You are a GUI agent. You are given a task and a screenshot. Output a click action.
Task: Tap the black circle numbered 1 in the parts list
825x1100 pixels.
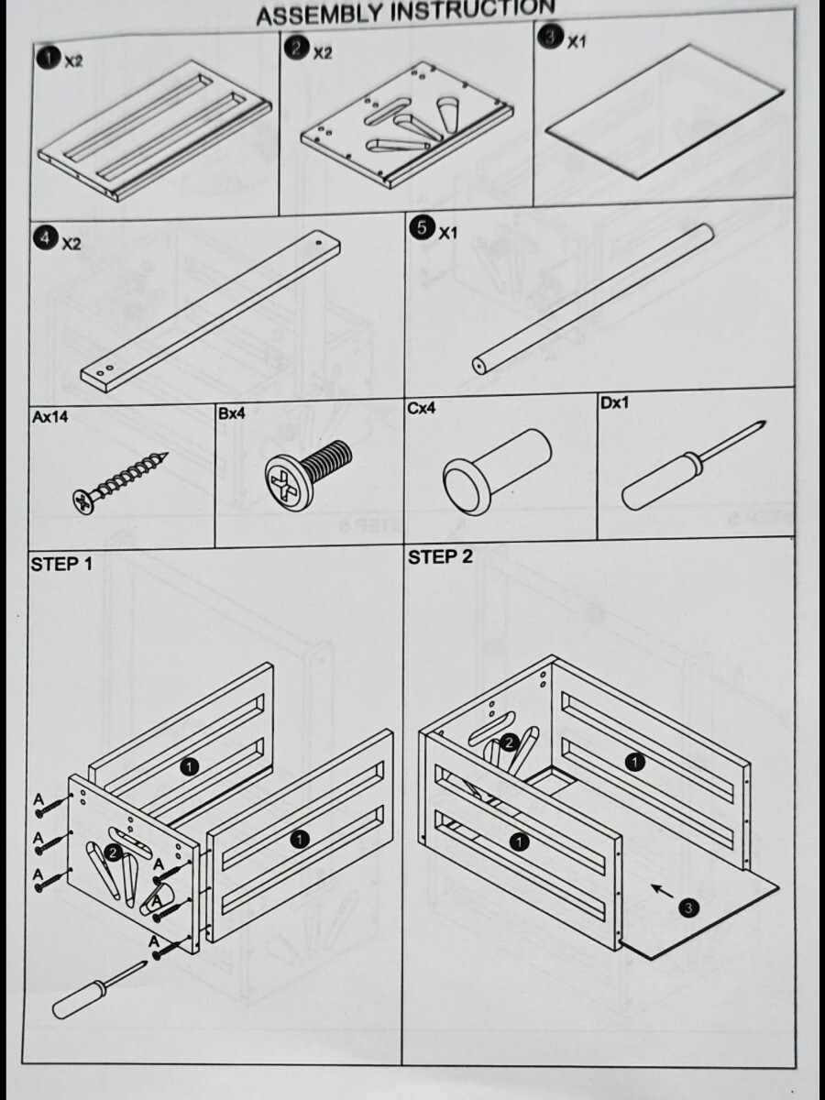48,58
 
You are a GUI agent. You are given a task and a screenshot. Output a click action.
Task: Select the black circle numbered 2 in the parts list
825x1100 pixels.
296,47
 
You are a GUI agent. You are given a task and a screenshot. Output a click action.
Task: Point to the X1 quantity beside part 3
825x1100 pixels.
575,42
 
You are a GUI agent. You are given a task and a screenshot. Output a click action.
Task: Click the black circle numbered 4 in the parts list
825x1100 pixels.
43,238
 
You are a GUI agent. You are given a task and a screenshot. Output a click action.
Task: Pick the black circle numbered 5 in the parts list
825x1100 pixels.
421,228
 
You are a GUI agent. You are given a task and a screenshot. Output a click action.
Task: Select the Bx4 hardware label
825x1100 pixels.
232,413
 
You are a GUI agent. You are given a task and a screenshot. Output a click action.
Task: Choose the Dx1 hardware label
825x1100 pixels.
615,402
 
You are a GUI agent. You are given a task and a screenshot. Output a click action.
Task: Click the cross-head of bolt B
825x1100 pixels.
289,480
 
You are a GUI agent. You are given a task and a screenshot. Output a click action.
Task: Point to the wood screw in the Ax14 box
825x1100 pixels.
122,478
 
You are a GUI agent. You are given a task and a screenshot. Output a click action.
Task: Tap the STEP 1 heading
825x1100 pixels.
61,564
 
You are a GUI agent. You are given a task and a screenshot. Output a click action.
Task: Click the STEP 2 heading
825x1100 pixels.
440,557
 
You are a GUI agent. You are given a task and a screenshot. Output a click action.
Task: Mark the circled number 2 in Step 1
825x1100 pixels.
112,853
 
